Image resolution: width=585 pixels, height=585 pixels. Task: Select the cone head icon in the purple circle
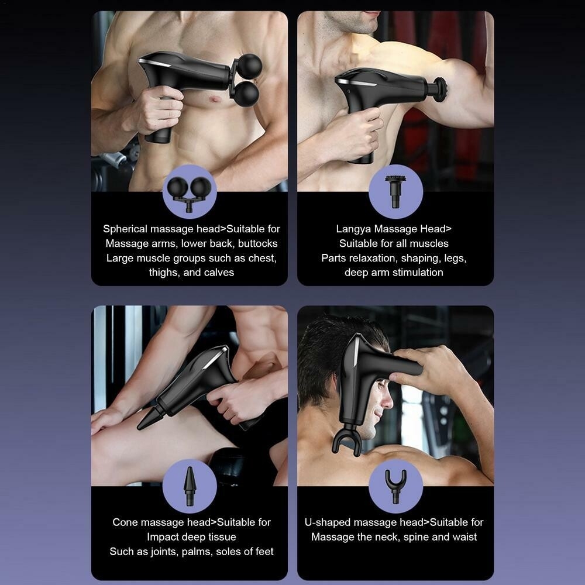[190, 486]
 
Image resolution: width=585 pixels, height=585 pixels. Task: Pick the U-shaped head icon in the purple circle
[395, 486]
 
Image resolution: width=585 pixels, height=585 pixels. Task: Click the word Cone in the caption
[125, 522]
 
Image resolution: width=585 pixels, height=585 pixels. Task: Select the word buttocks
[258, 243]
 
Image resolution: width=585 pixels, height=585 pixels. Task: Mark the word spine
[416, 537]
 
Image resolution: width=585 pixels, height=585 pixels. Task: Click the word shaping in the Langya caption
[424, 258]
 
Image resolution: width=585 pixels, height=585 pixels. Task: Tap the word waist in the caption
[464, 537]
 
